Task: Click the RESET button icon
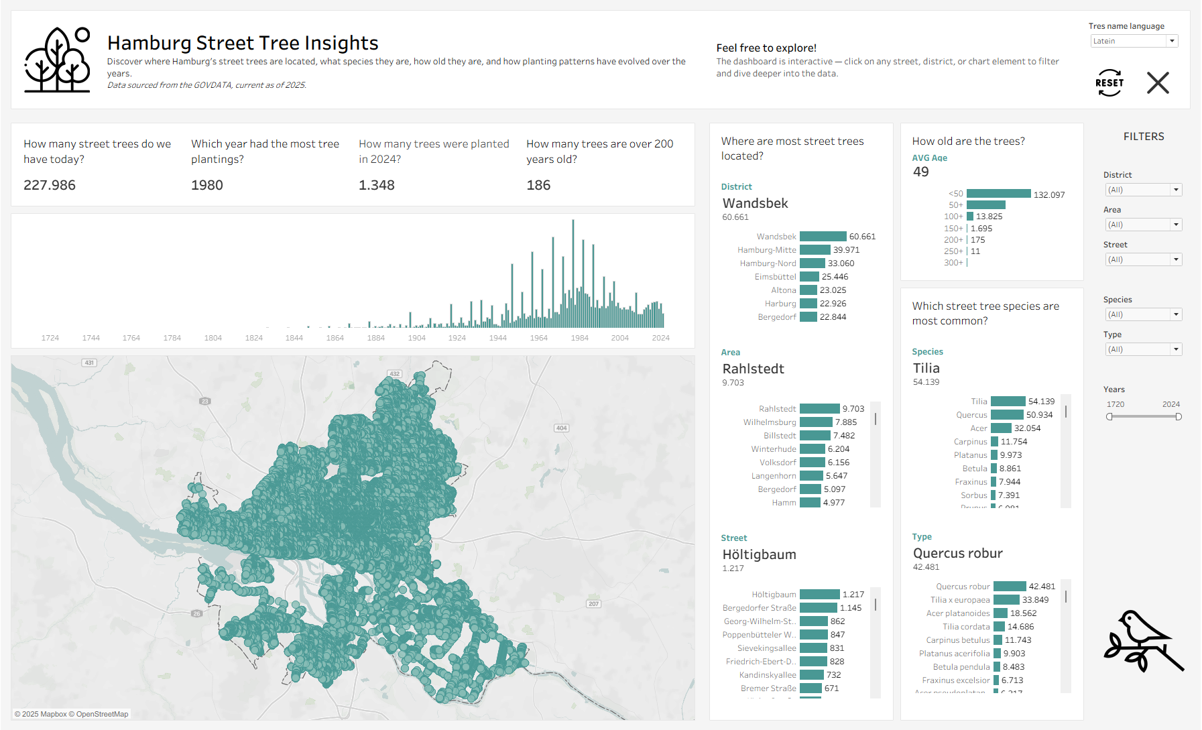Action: [1109, 83]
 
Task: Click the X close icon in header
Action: [1158, 83]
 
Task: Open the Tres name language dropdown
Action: [1134, 41]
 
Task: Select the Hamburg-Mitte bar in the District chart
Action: [815, 250]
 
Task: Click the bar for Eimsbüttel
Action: [809, 277]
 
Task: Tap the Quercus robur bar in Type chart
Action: [1010, 587]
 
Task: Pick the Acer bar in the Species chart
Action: [1001, 428]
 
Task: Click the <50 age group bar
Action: [998, 194]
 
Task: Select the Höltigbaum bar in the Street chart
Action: [819, 595]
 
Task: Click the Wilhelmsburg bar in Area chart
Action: [816, 422]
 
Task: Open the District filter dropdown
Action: [1143, 190]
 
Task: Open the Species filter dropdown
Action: [1143, 314]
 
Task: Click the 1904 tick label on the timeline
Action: [416, 338]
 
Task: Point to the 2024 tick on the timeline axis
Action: [660, 338]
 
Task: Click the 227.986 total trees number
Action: [50, 185]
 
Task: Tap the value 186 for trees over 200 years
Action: [538, 185]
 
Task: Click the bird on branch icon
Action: [1143, 641]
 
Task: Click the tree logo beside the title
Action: [58, 60]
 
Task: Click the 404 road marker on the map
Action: [561, 428]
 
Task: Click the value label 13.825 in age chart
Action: [989, 217]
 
